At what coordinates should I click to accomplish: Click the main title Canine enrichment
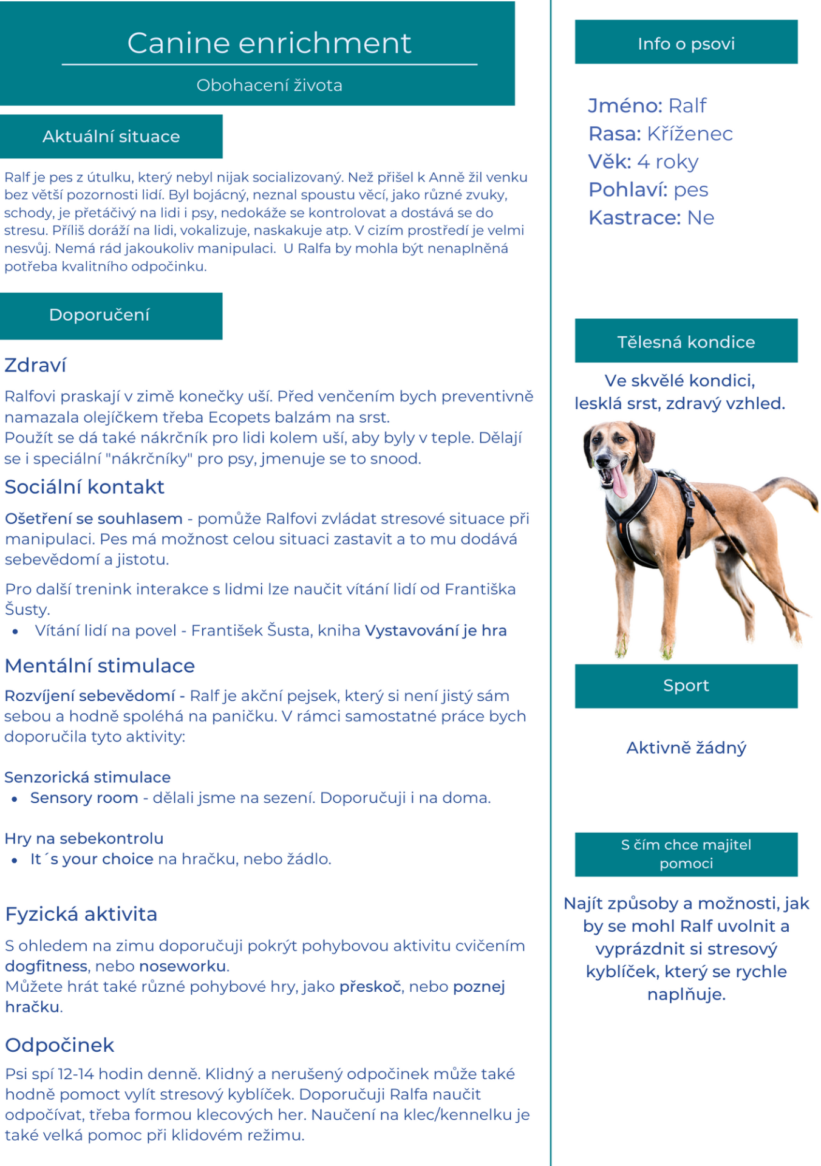click(269, 43)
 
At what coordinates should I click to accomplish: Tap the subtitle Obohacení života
click(269, 85)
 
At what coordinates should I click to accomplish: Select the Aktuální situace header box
click(111, 137)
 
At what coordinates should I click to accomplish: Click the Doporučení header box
click(111, 316)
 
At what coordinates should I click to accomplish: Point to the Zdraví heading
click(35, 366)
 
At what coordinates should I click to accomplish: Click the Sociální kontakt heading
click(84, 487)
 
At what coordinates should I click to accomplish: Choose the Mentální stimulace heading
click(100, 666)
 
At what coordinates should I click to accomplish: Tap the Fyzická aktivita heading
click(81, 914)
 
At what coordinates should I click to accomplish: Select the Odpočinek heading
click(60, 1045)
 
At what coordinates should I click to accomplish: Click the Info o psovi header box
click(686, 43)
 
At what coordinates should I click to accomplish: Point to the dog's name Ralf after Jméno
click(687, 106)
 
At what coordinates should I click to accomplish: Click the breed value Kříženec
click(690, 134)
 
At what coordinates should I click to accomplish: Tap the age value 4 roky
click(668, 162)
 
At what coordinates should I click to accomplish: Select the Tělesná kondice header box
click(686, 341)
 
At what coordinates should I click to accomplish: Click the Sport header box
click(686, 686)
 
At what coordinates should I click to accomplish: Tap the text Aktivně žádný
click(686, 748)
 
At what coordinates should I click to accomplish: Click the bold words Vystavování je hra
click(435, 631)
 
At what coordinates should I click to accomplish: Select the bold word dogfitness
click(46, 966)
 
